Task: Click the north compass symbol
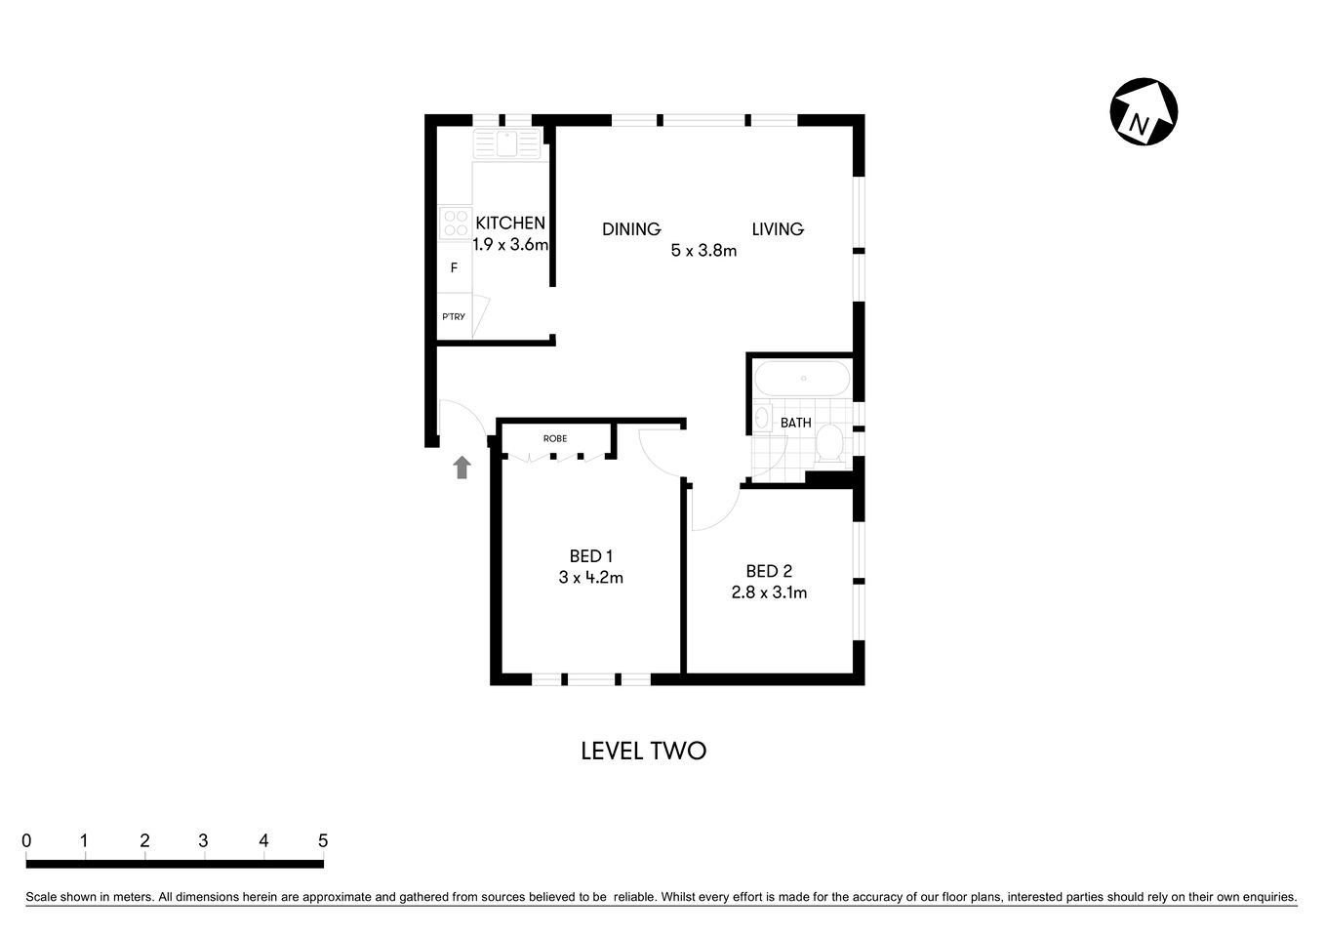pos(1144,112)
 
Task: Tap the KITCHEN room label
pos(509,224)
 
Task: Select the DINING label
pos(631,229)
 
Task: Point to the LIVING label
pos(778,229)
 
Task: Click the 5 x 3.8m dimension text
pos(703,251)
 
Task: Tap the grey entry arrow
pos(462,468)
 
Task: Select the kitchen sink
pos(506,144)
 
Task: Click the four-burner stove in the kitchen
pos(454,224)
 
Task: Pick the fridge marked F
pos(454,267)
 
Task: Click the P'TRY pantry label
pos(454,317)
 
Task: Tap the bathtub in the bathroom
pos(803,379)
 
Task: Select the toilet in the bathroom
pos(830,442)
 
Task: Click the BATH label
pos(796,423)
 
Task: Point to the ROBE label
pos(555,439)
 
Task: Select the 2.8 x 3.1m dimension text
pos(769,592)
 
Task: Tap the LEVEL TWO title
pos(643,751)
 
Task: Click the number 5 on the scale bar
pos(323,840)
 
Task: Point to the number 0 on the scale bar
pos(26,840)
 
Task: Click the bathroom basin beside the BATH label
pos(763,419)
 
